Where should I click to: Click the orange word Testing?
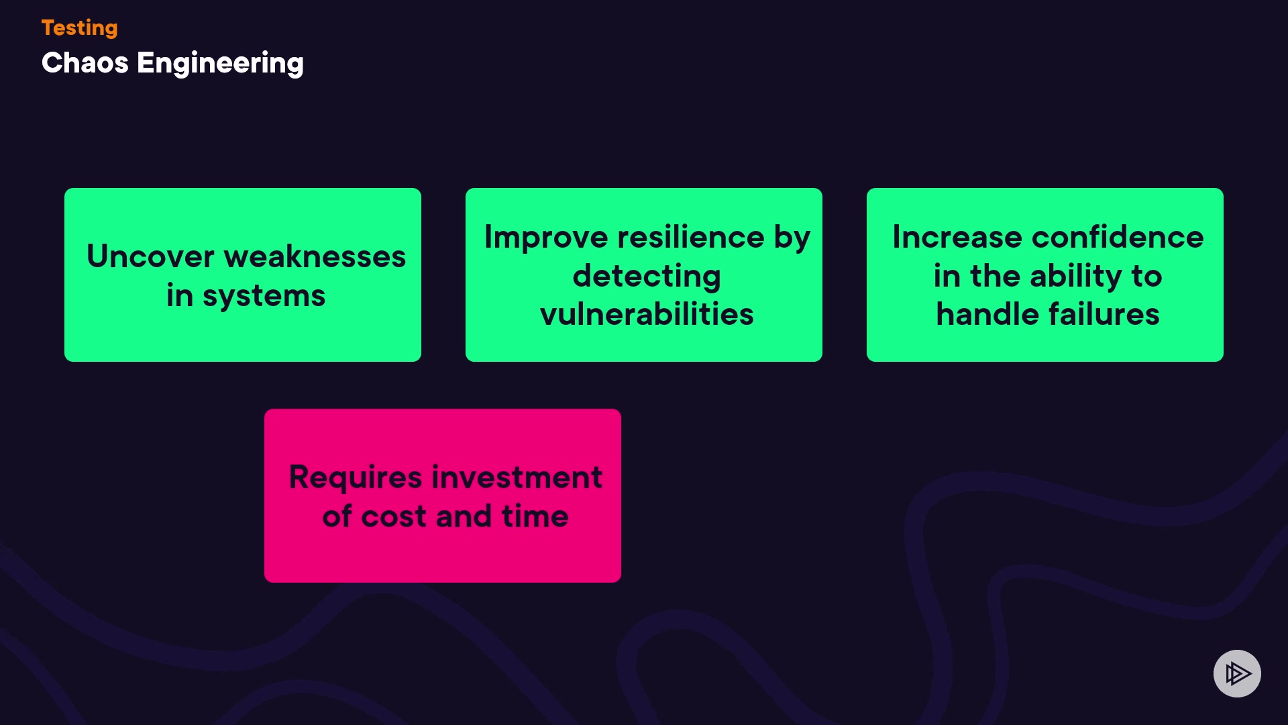tap(79, 28)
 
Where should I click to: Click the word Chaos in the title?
tap(85, 63)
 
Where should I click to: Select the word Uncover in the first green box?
tap(150, 256)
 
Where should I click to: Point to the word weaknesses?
tap(315, 256)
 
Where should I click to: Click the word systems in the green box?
tap(264, 297)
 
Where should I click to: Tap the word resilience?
tap(691, 237)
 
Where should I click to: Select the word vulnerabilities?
tap(647, 314)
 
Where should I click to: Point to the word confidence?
tap(1118, 237)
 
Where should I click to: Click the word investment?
tap(517, 477)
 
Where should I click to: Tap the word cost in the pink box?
tap(394, 517)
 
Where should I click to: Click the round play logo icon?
tap(1237, 673)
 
